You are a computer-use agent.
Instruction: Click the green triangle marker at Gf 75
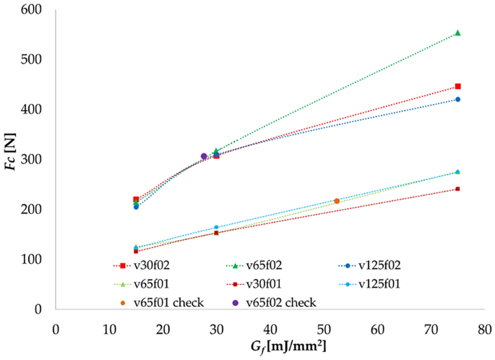[x=457, y=33]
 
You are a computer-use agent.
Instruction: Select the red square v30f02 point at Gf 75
[x=457, y=87]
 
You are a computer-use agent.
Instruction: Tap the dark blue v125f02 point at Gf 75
[x=457, y=99]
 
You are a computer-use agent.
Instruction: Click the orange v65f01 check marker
[x=337, y=201]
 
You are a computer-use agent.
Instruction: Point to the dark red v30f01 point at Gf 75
[x=457, y=189]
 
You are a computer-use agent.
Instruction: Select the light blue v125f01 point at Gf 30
[x=216, y=227]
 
